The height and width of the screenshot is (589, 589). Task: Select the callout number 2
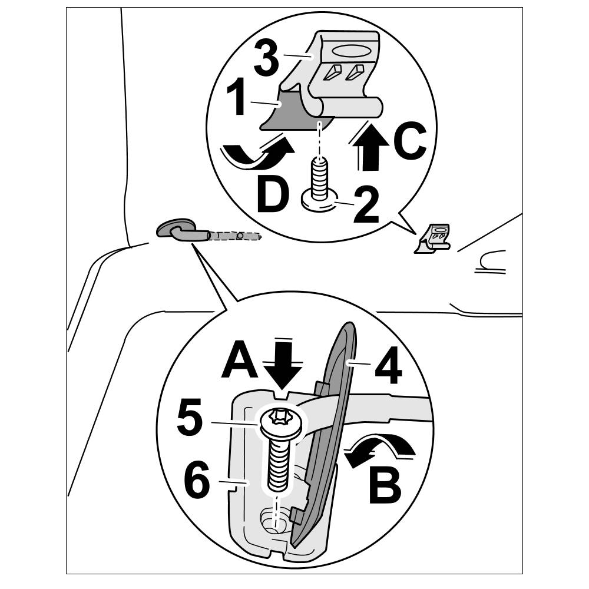point(366,205)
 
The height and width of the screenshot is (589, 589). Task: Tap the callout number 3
point(266,58)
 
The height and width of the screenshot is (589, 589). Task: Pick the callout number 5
point(190,418)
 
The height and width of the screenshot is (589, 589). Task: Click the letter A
point(240,359)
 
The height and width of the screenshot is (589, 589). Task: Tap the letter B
point(385,486)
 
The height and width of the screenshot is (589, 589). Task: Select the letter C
point(410,140)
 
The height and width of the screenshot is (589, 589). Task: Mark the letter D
point(273,196)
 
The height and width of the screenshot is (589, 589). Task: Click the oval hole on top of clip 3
point(350,51)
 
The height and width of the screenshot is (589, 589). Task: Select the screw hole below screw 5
point(273,521)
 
